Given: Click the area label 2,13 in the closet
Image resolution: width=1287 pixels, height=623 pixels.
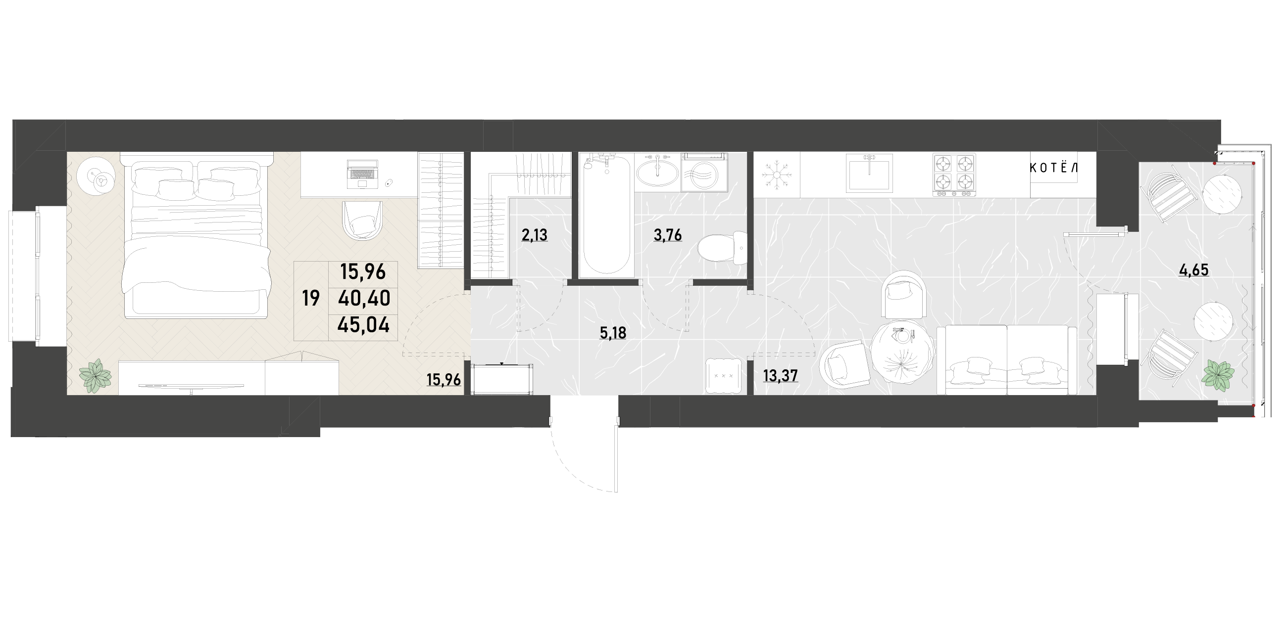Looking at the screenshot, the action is coord(534,234).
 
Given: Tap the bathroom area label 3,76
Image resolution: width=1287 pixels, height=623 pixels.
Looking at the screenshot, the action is coord(667,234).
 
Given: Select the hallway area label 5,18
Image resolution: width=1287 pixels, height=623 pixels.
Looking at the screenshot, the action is coord(612,333).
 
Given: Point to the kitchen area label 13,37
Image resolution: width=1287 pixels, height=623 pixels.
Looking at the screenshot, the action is coord(781,375).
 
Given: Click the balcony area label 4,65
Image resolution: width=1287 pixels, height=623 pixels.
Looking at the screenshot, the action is coord(1193,270).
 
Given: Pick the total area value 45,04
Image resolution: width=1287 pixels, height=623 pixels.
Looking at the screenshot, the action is coord(363,325).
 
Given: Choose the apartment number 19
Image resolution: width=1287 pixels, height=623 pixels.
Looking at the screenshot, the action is coord(311,299).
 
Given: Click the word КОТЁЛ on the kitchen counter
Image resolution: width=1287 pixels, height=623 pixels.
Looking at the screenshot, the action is coord(1054,168).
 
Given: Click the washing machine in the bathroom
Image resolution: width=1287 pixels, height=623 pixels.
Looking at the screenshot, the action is coord(704,172).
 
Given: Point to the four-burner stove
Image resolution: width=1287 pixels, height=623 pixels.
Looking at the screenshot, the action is coord(954,174).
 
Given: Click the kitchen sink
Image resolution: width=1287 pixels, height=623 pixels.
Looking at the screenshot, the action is coord(869,173).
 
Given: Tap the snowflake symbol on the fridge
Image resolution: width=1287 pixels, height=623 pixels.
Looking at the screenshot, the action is coord(777,174).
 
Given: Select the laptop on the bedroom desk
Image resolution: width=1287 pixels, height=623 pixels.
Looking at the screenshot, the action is coord(362,174).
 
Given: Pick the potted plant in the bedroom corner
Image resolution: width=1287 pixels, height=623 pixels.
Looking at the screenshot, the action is coord(95,375).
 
